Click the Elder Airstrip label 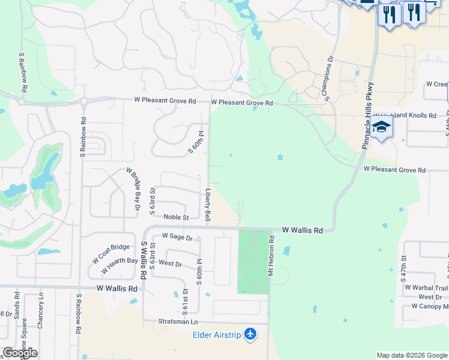tap(217, 334)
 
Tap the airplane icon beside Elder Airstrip tap(251, 334)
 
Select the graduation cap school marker tap(381, 127)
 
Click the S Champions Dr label tap(329, 78)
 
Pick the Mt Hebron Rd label tap(271, 255)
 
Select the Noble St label tap(176, 217)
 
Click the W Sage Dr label tap(176, 238)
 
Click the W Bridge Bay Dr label tap(133, 190)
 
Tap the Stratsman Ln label tap(178, 321)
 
